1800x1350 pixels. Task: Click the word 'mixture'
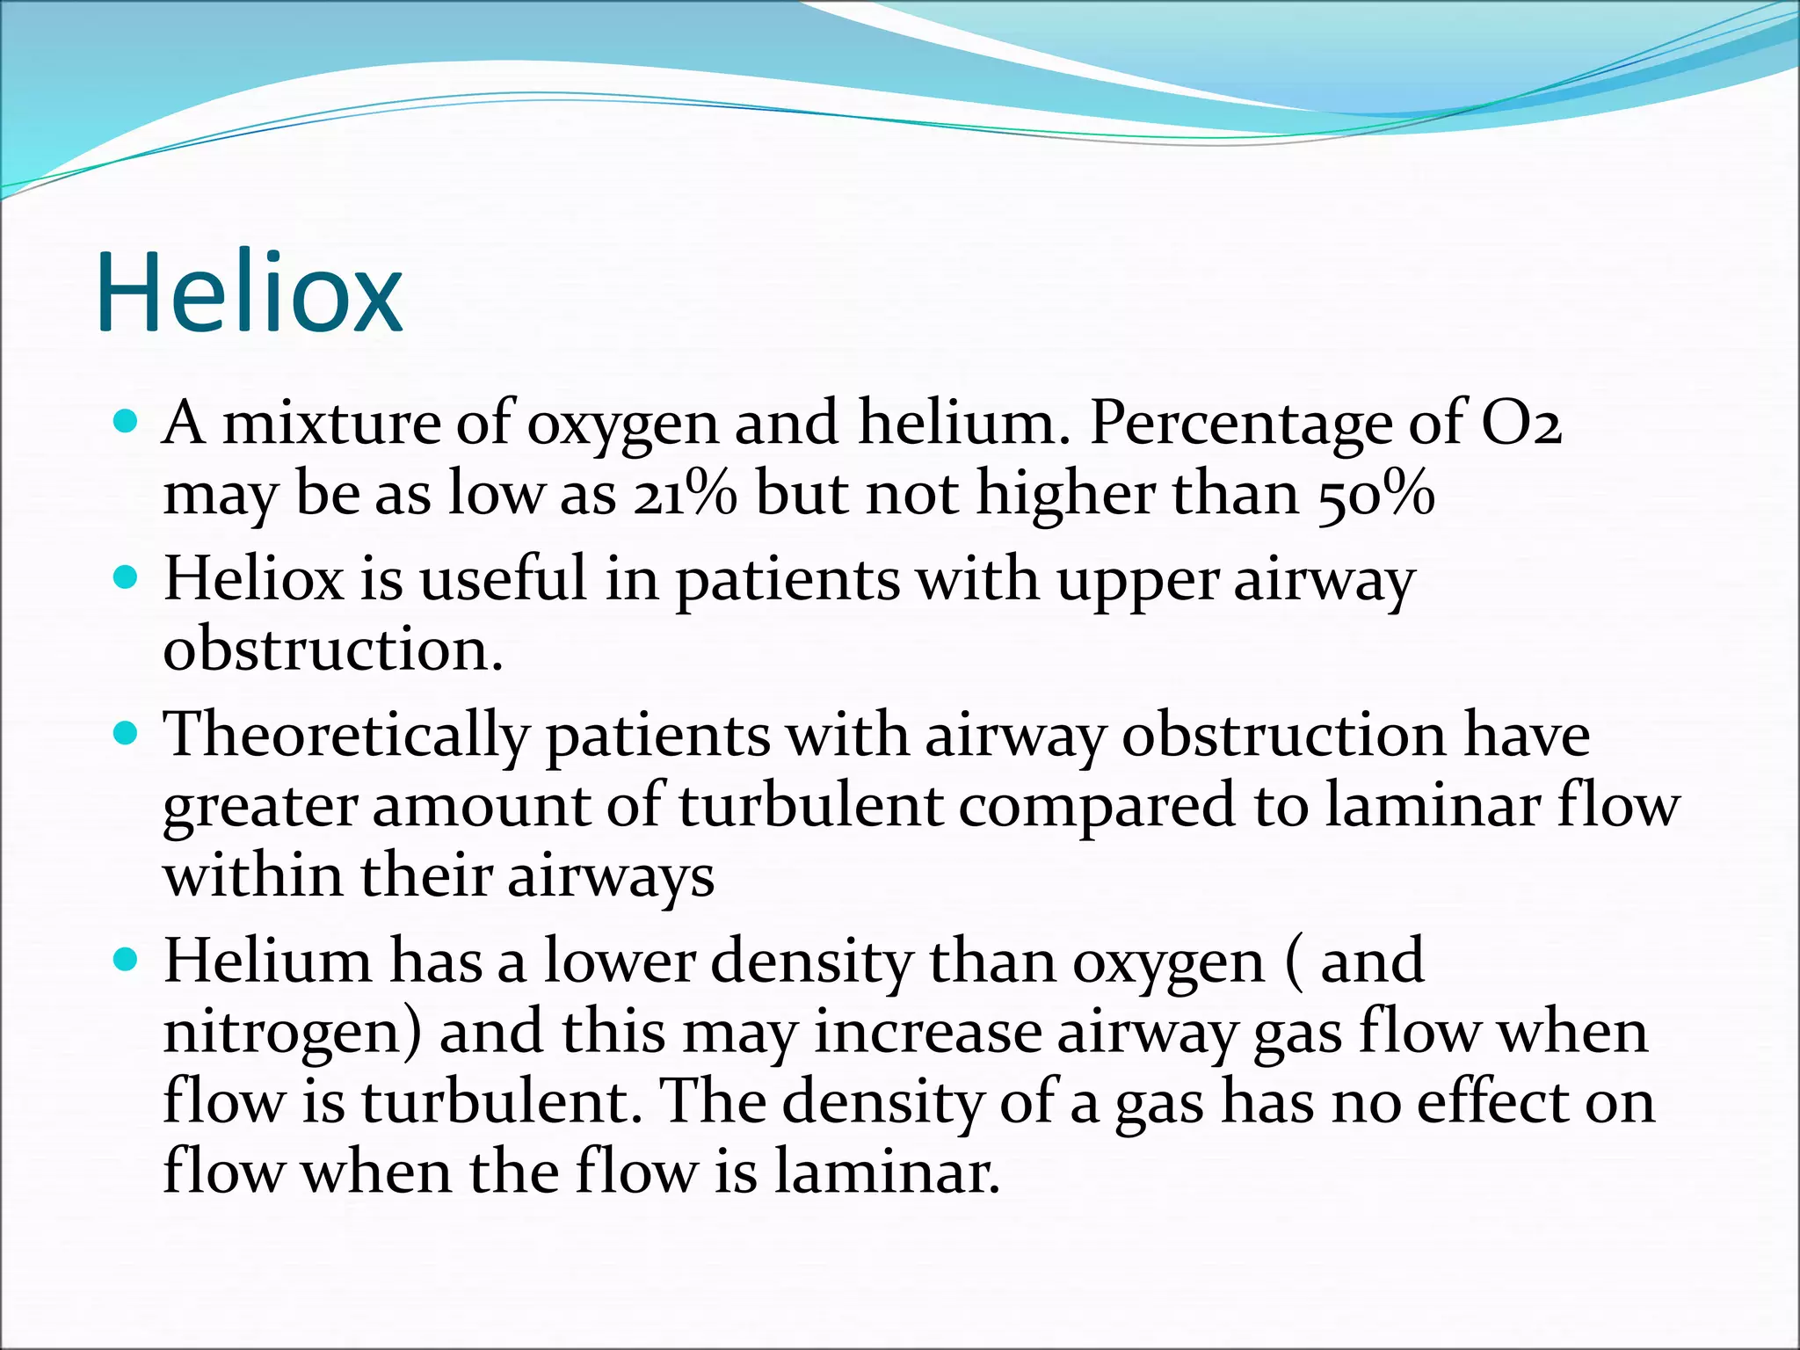(330, 423)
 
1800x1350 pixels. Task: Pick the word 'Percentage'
(1240, 425)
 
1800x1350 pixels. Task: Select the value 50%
(1375, 494)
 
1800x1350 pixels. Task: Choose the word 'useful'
(503, 579)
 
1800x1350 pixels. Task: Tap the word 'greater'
(259, 807)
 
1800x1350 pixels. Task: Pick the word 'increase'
(927, 1032)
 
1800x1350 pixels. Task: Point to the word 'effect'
(1493, 1102)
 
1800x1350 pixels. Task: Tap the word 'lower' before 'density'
(619, 962)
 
